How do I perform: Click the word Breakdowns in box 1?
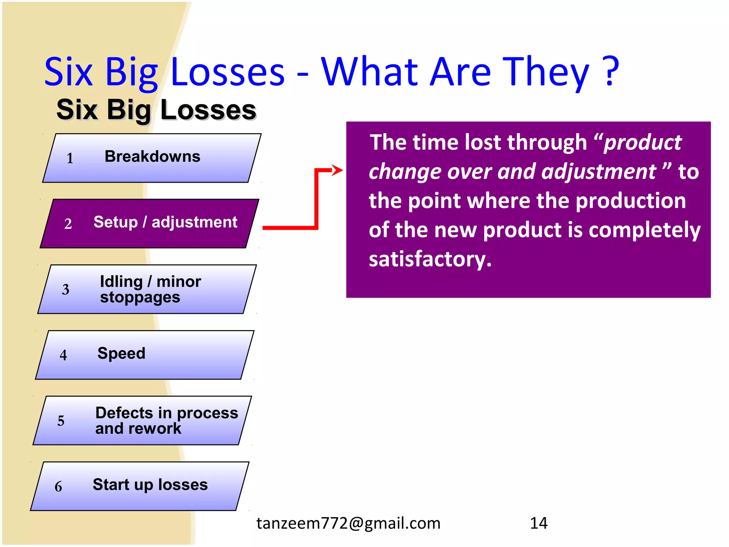(x=152, y=157)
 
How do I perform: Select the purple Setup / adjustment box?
(x=150, y=223)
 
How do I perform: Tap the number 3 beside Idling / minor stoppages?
(x=65, y=290)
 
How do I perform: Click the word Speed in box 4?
(x=121, y=353)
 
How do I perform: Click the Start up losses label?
(x=150, y=485)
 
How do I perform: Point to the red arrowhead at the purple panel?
(x=337, y=170)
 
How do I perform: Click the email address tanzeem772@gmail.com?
(x=348, y=523)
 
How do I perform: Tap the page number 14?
(x=539, y=523)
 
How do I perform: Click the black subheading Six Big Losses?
(x=156, y=110)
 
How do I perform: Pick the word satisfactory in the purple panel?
(x=430, y=259)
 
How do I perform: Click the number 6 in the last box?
(x=58, y=487)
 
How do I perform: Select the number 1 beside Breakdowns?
(x=70, y=158)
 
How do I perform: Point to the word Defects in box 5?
(x=124, y=413)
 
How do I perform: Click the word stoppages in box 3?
(x=140, y=297)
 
